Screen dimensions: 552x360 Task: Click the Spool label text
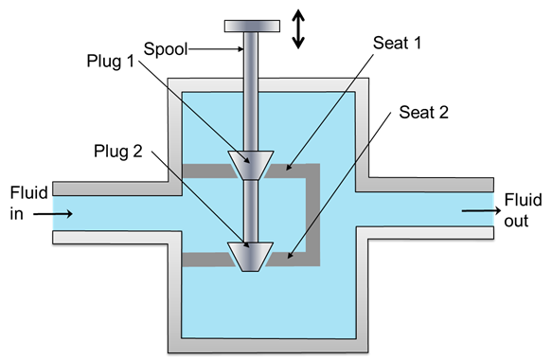(x=165, y=49)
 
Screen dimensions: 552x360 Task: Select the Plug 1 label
(x=111, y=61)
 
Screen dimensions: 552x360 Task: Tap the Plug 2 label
(x=118, y=152)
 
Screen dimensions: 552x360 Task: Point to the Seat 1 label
(x=397, y=43)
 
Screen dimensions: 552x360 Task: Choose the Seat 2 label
(x=423, y=113)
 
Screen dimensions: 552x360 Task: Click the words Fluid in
(x=28, y=204)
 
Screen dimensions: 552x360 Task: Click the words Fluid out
(x=523, y=210)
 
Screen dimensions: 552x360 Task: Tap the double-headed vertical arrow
(x=298, y=28)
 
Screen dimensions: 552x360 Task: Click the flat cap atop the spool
(x=252, y=27)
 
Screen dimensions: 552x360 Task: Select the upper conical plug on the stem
(x=251, y=165)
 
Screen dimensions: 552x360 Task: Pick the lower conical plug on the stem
(x=251, y=257)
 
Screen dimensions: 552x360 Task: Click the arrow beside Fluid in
(x=53, y=213)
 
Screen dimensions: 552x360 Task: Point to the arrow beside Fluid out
(x=481, y=210)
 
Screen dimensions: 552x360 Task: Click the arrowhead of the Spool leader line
(x=241, y=49)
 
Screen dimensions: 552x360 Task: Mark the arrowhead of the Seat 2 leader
(x=289, y=256)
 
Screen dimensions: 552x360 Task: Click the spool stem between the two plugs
(x=251, y=211)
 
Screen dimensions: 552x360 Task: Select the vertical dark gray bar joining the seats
(x=313, y=214)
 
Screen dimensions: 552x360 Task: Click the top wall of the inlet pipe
(x=111, y=189)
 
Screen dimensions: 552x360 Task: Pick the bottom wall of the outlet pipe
(x=425, y=233)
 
